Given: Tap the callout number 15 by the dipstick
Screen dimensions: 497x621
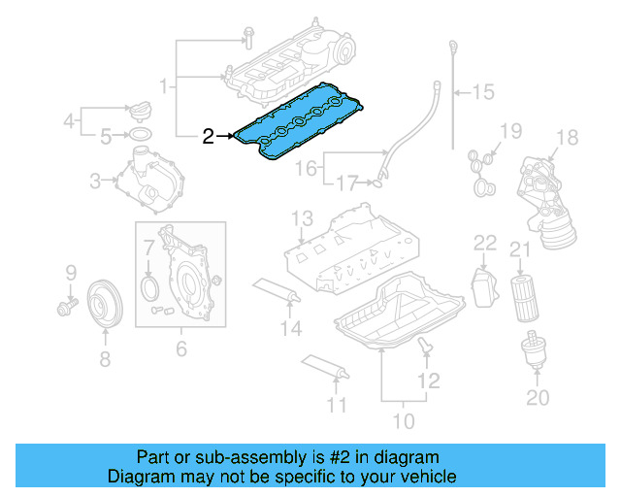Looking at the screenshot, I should click(482, 93).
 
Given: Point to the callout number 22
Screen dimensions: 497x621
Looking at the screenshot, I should click(484, 242).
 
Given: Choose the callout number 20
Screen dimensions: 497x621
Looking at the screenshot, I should click(537, 397).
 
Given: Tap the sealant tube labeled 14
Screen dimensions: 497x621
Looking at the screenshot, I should click(278, 289).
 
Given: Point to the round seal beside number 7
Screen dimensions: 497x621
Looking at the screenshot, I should click(149, 289).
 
